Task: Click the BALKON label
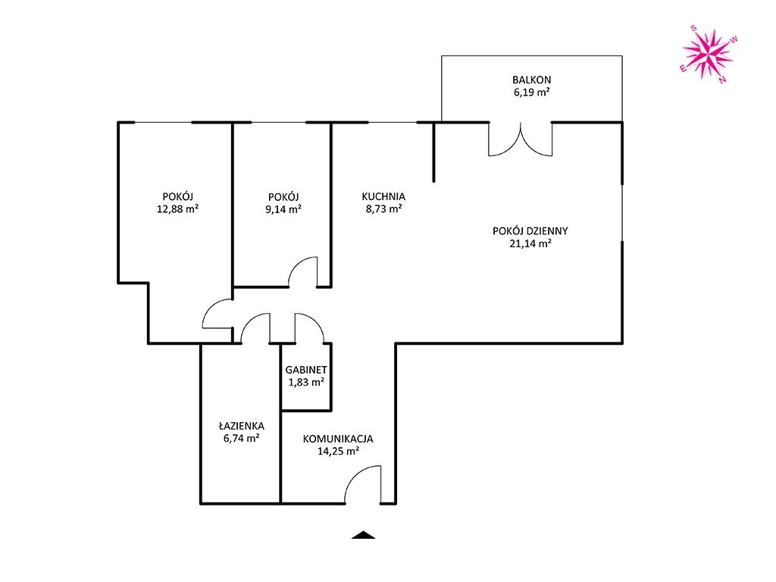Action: tap(531, 80)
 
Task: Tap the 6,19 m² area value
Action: tap(531, 92)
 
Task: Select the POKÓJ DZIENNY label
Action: tap(530, 230)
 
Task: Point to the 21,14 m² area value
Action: tap(530, 243)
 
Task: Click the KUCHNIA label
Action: tap(383, 196)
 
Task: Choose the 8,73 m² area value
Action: tap(383, 209)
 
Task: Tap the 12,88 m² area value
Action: tap(177, 209)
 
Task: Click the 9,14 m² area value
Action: tap(283, 209)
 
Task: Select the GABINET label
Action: tap(306, 370)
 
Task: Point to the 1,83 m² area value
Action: tap(306, 382)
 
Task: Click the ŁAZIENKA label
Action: tap(242, 426)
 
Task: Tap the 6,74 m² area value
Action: tap(242, 438)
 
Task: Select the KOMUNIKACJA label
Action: tap(338, 439)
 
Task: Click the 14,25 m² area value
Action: tap(338, 451)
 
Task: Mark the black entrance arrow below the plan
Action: tap(364, 535)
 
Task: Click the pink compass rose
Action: tap(708, 55)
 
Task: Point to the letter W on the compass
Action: tap(734, 39)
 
